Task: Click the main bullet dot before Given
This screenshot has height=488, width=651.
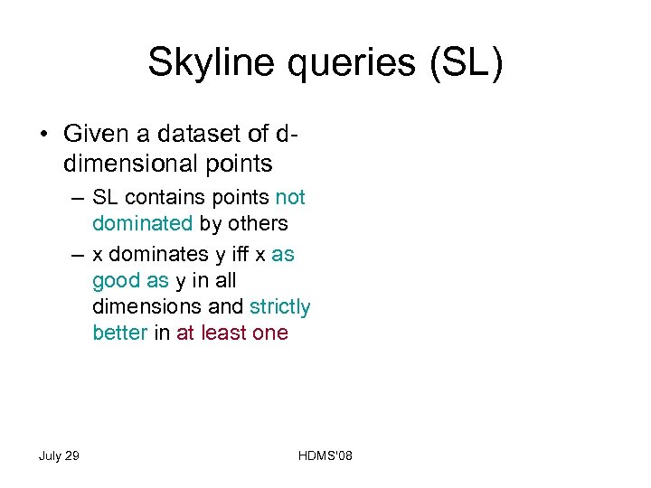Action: pos(43,136)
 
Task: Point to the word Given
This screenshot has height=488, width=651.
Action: pos(94,135)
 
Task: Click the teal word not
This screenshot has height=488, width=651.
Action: pos(290,198)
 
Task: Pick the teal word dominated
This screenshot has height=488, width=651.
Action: pos(143,223)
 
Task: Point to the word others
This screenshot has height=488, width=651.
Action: pos(257,223)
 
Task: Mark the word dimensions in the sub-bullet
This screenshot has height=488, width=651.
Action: pos(148,307)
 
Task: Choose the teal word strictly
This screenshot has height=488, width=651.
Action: pos(279,307)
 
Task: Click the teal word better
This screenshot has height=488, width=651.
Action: pos(119,333)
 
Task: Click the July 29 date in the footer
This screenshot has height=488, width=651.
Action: pos(59,455)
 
